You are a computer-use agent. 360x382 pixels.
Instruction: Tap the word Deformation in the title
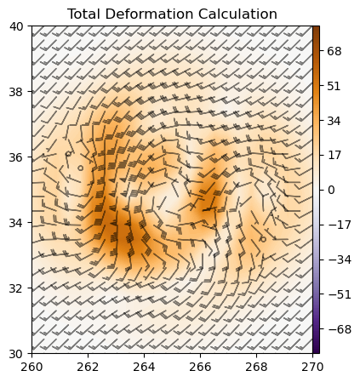click(x=149, y=14)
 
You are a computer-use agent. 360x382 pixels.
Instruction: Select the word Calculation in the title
click(x=237, y=14)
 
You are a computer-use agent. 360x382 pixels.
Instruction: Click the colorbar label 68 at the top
click(x=334, y=51)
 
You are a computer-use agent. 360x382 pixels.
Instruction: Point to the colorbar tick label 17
click(x=334, y=156)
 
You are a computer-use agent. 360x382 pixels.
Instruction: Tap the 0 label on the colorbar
click(x=331, y=190)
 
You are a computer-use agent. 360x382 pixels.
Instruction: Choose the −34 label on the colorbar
click(x=337, y=259)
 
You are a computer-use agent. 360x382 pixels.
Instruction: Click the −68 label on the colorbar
click(x=337, y=328)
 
